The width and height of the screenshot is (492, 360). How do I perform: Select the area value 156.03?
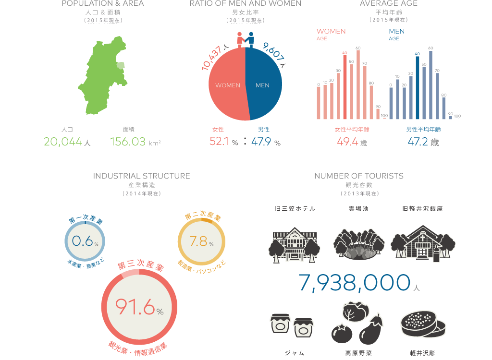click(128, 142)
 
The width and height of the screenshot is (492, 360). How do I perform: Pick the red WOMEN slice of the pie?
click(226, 85)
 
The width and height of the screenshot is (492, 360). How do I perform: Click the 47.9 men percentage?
click(262, 142)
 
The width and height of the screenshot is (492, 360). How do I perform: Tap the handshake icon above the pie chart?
click(245, 39)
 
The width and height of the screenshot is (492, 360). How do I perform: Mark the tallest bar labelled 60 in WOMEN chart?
click(358, 84)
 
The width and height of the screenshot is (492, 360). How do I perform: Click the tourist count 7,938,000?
click(355, 283)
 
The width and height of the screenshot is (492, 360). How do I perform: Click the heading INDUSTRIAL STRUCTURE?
click(142, 176)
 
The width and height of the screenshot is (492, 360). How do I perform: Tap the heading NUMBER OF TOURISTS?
click(359, 176)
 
